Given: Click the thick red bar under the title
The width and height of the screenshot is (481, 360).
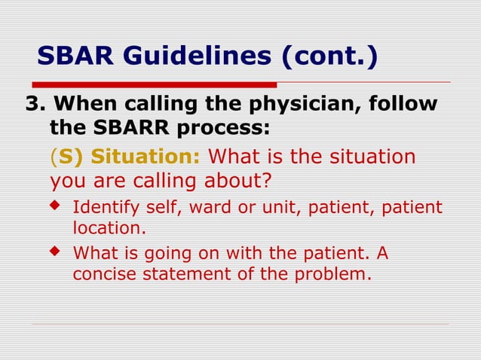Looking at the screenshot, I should tap(158, 84).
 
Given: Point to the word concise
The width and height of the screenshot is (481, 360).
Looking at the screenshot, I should tap(102, 273).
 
